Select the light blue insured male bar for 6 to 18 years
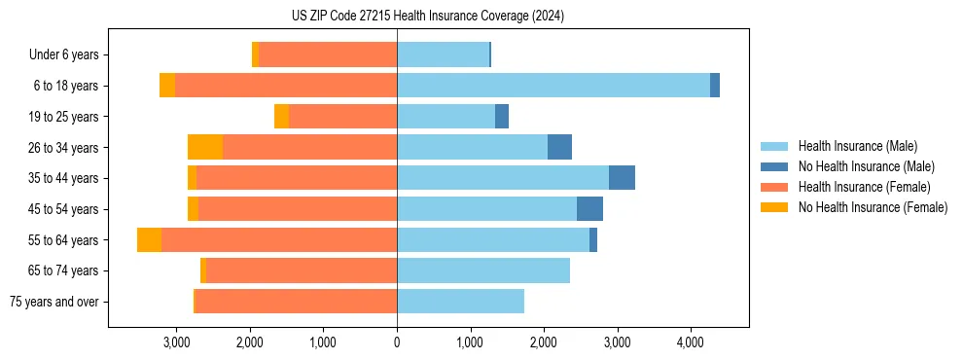click(553, 86)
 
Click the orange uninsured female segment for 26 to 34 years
click(205, 147)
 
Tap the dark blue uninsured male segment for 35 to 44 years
click(622, 178)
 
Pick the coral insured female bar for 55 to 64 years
click(279, 240)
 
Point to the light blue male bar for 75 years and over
click(460, 302)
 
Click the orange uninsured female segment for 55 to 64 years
click(149, 240)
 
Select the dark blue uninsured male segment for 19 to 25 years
click(502, 117)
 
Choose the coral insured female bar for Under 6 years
click(328, 54)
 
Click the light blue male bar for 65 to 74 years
click(483, 270)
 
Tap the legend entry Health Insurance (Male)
click(857, 146)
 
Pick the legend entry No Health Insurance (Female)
click(873, 207)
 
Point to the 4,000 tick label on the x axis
click(690, 342)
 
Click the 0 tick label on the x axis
click(397, 342)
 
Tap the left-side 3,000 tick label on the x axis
click(176, 342)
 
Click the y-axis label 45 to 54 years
click(64, 209)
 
